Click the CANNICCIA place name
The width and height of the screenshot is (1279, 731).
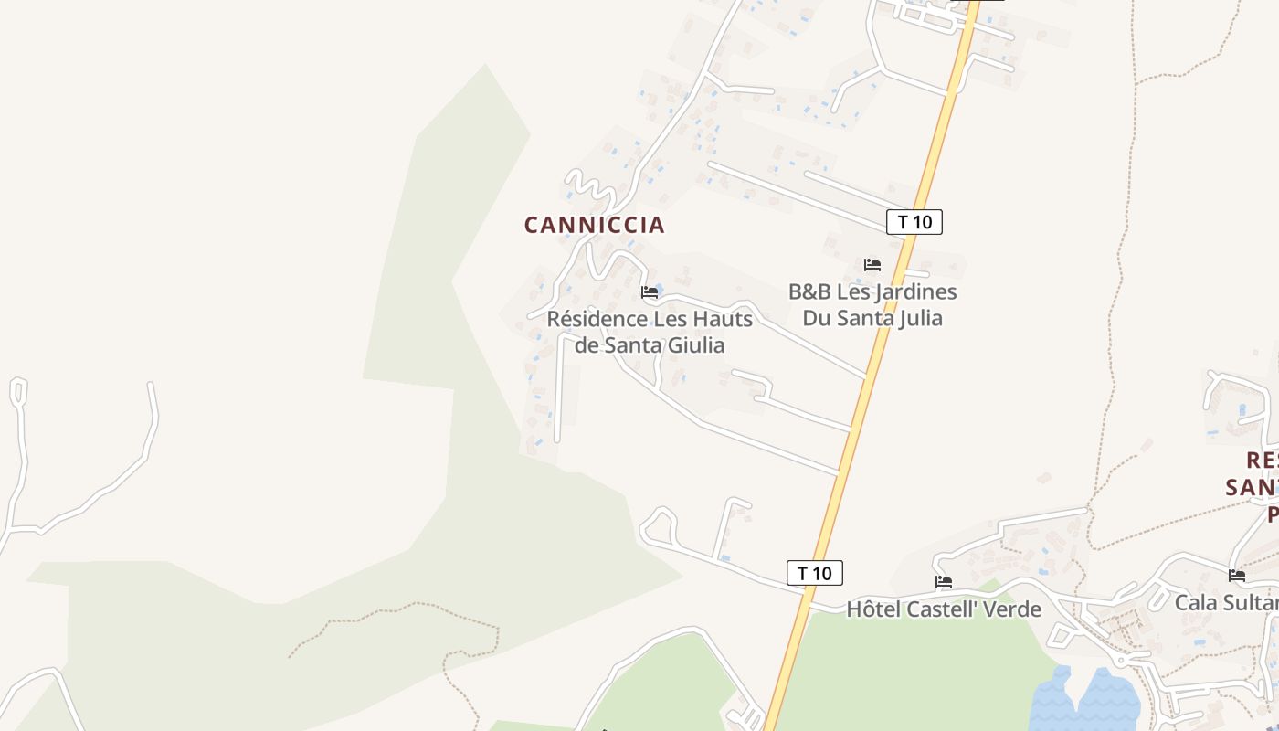click(x=594, y=225)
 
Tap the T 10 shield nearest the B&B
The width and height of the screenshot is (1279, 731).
click(x=914, y=221)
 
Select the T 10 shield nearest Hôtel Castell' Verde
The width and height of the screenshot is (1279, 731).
click(x=814, y=573)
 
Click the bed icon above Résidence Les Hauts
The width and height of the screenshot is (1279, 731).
click(x=650, y=292)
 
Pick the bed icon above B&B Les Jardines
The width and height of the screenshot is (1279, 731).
click(x=872, y=265)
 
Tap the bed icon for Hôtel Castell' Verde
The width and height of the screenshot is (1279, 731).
click(x=944, y=581)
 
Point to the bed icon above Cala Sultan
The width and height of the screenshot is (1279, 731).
click(x=1237, y=575)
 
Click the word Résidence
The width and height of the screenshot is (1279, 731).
click(x=596, y=319)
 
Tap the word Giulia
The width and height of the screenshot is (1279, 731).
click(x=694, y=345)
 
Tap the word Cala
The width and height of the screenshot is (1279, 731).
click(x=1197, y=603)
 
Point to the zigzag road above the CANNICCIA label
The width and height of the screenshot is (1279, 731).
click(x=592, y=189)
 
